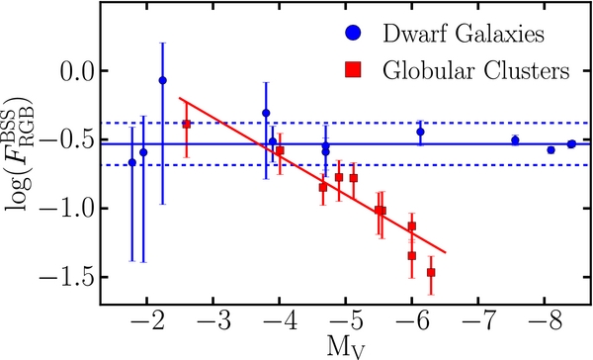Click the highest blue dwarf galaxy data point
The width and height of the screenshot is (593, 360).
click(x=162, y=80)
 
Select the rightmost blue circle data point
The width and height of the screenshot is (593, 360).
click(x=571, y=144)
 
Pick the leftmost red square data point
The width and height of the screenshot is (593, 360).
click(x=186, y=125)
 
